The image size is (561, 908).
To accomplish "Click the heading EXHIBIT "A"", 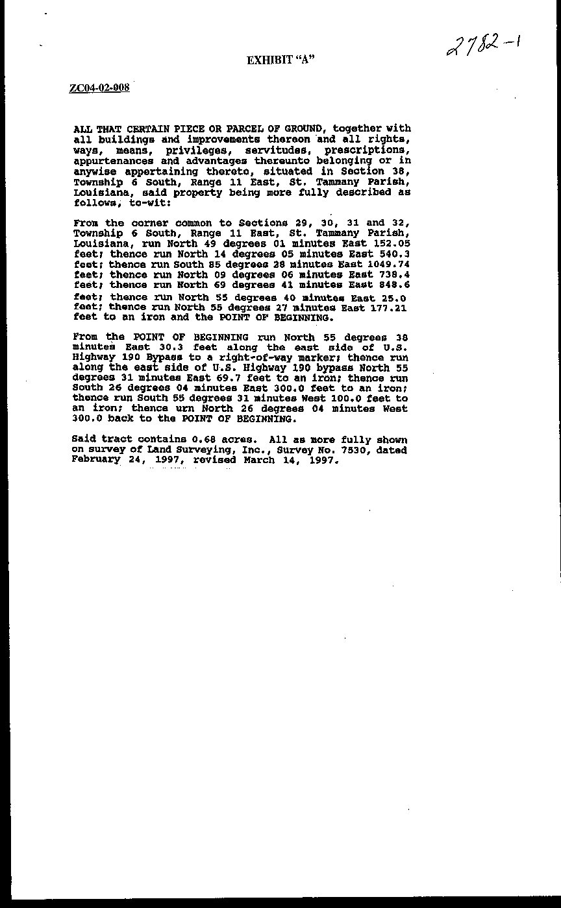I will coord(280,60).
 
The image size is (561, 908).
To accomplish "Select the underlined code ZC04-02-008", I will coord(99,88).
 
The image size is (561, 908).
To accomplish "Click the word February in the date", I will coord(96,460).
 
